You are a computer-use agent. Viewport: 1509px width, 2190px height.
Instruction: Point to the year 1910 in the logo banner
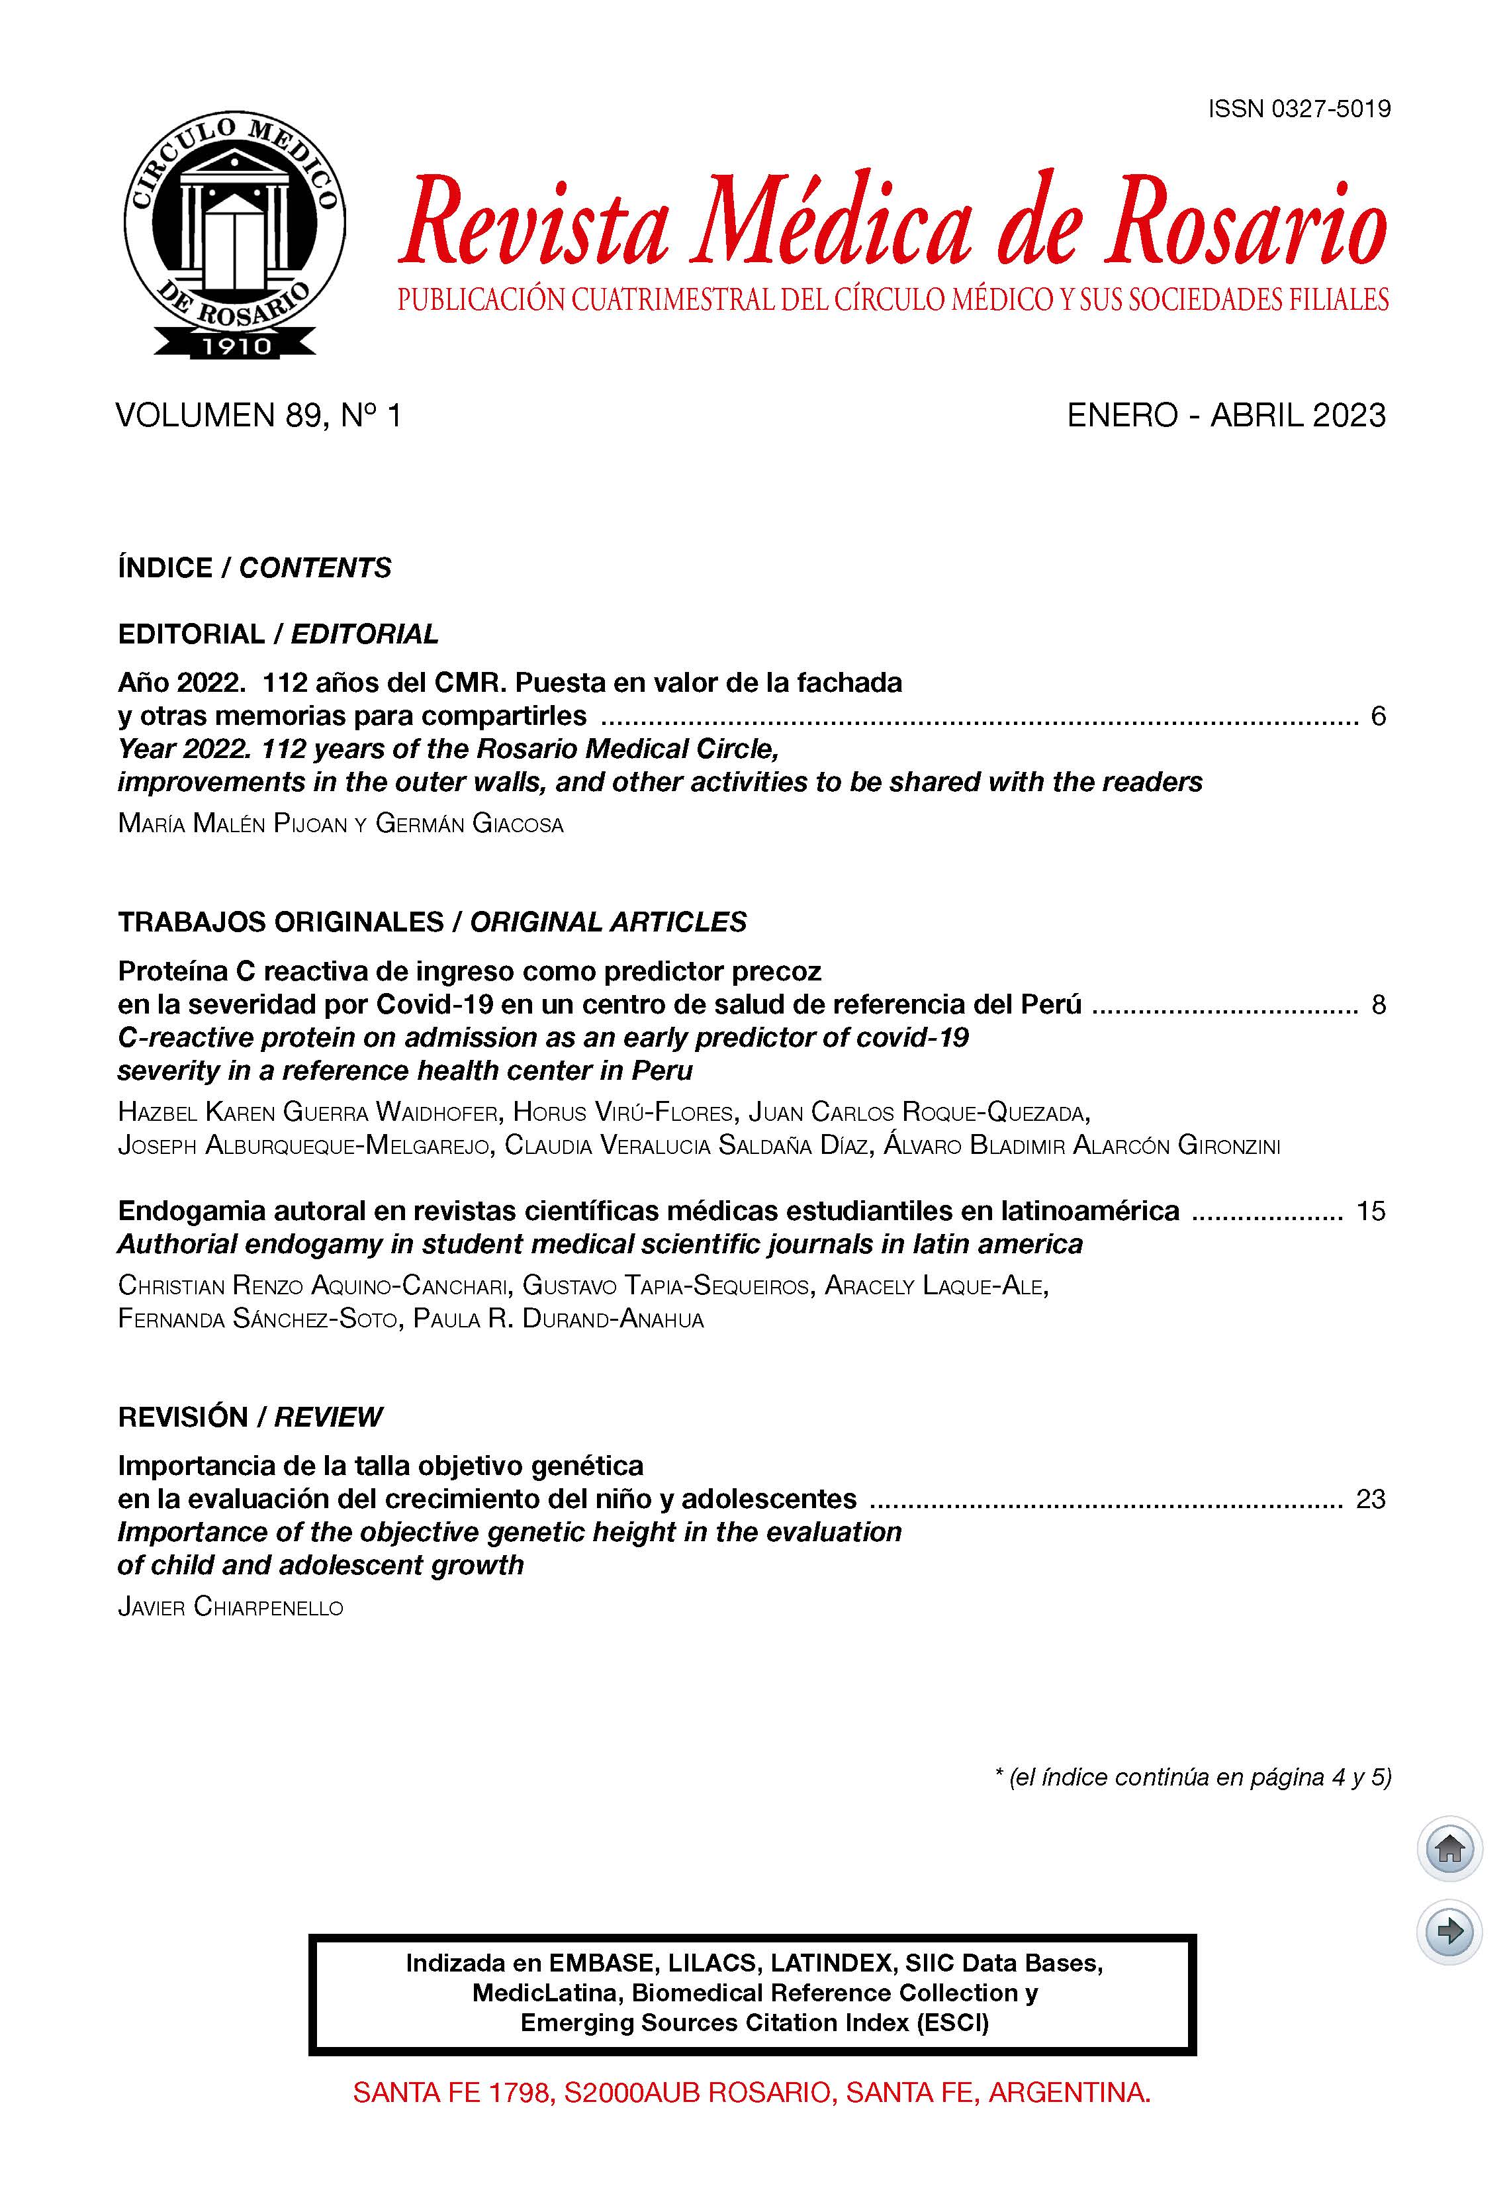point(234,346)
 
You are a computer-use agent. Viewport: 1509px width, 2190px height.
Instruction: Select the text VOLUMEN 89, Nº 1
point(258,415)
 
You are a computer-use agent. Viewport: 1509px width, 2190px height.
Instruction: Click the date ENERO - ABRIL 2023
point(1225,415)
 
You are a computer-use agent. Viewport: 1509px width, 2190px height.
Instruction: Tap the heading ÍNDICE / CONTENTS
point(254,567)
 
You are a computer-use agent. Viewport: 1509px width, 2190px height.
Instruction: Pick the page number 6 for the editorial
point(1377,716)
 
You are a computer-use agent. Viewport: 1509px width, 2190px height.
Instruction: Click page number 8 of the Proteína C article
point(1377,1004)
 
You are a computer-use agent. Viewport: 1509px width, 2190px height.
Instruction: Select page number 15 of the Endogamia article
point(1370,1212)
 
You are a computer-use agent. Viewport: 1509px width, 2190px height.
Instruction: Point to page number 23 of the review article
point(1370,1499)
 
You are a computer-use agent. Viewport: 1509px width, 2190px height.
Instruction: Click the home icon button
point(1449,1848)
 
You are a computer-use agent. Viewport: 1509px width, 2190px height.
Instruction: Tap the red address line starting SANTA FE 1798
point(752,2093)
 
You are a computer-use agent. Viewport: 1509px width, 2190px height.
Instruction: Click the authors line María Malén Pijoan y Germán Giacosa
point(340,824)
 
